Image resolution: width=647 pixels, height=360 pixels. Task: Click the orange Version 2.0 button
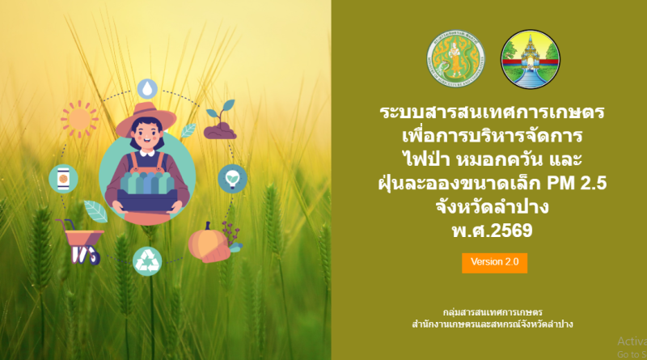pos(494,262)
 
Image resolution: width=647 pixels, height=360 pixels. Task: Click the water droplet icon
pos(147,87)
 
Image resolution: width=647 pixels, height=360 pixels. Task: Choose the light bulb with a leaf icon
pos(233,177)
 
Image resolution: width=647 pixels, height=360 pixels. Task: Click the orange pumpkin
pos(208,242)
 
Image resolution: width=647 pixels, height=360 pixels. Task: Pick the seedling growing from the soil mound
pos(221,121)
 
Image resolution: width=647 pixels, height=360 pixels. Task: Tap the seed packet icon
pos(62,178)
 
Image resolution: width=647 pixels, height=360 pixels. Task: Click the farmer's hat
pos(146,116)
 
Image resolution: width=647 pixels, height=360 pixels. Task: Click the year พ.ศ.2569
pos(493,231)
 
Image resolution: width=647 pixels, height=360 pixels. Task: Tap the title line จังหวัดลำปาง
pos(493,207)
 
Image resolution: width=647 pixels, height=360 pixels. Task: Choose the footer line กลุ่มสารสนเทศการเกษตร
pos(493,311)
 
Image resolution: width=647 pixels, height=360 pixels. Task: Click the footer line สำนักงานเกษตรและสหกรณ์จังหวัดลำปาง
pos(493,324)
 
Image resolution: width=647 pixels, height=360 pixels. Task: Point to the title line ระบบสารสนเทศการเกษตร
pos(493,111)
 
